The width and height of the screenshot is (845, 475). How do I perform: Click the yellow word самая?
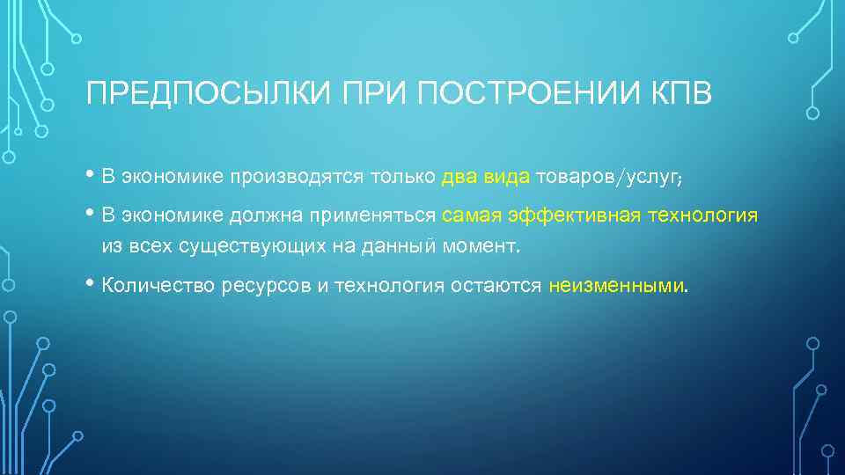click(471, 216)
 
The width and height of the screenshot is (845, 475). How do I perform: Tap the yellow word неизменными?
click(615, 286)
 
